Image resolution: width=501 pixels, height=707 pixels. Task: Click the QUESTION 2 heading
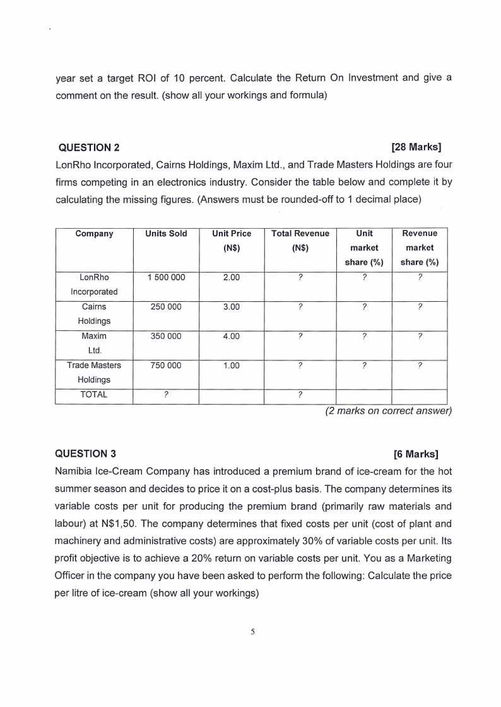88,149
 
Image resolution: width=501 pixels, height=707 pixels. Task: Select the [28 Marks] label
416,149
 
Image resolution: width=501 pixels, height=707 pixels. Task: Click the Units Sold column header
166,234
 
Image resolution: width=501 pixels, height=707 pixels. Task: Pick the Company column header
94,234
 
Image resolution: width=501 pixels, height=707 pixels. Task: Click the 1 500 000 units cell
166,277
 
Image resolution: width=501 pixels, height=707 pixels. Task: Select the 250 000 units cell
166,307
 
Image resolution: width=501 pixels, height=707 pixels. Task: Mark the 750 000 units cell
166,365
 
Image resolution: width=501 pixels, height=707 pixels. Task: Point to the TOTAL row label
94,395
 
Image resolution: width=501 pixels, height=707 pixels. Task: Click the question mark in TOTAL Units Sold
166,396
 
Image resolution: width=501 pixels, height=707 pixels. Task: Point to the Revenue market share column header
420,248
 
